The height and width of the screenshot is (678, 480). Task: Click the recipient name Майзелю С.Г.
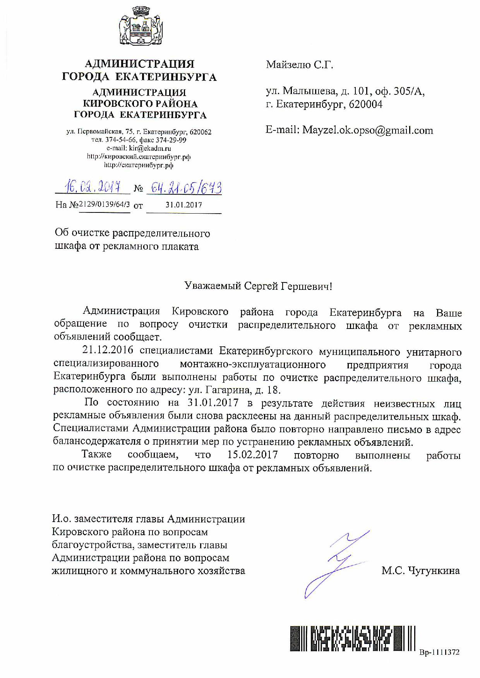coord(299,65)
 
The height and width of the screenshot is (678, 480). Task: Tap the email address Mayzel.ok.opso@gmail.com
coord(367,130)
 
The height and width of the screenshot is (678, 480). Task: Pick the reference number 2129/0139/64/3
coord(105,204)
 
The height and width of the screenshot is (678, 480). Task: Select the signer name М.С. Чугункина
coord(420,571)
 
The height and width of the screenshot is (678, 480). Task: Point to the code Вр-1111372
coord(439,652)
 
